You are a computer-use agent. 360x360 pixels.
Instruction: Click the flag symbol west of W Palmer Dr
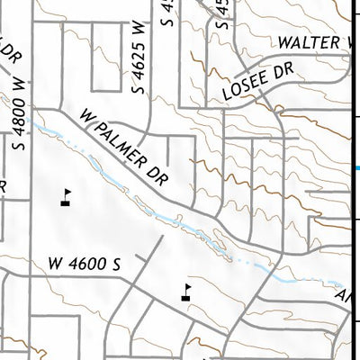click(x=65, y=197)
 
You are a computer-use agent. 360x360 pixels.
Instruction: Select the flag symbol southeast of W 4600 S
click(x=186, y=293)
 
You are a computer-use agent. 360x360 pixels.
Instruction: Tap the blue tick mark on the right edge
click(x=356, y=168)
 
